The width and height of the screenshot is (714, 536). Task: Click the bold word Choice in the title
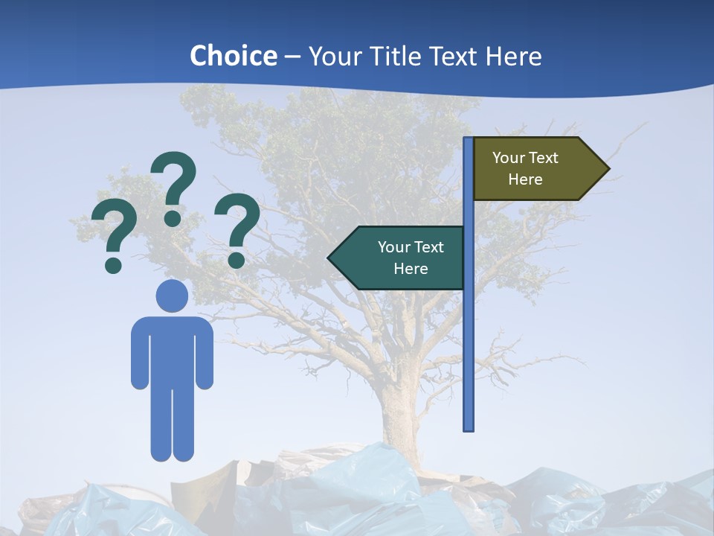click(233, 56)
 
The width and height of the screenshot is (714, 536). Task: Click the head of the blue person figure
click(172, 296)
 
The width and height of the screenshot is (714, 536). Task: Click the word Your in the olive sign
click(509, 158)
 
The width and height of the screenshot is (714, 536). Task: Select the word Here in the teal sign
click(411, 269)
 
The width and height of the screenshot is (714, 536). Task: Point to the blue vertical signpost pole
click(469, 335)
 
